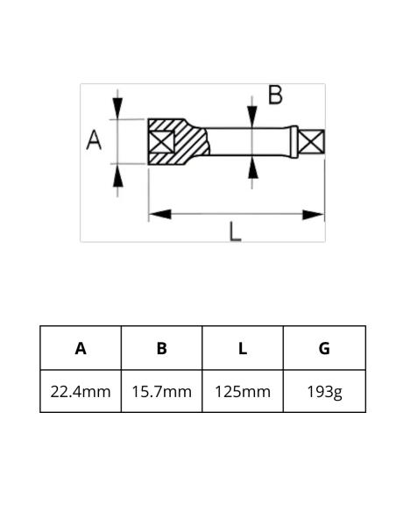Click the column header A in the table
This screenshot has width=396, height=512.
[81, 348]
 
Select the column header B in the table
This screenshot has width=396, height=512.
[161, 348]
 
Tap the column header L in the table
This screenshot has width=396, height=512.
[243, 348]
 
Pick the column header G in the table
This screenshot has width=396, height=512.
[324, 348]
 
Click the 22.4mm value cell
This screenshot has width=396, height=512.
[81, 391]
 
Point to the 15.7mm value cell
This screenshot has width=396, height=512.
[161, 391]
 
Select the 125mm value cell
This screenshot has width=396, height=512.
[243, 391]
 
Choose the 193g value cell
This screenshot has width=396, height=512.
[324, 391]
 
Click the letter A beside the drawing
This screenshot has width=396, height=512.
[95, 140]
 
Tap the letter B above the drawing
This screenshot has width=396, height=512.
[275, 96]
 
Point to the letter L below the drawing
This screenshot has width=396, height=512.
[235, 231]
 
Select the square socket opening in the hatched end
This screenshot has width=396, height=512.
[161, 140]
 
